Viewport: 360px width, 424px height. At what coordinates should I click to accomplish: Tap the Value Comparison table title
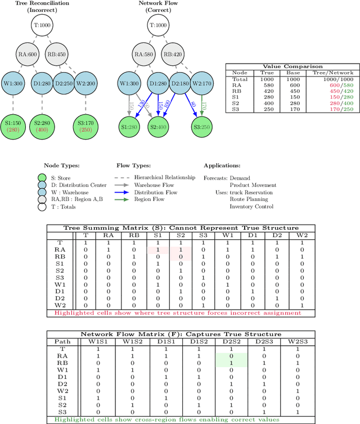[x=290, y=66]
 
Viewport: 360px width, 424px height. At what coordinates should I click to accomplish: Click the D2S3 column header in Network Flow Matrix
[x=262, y=341]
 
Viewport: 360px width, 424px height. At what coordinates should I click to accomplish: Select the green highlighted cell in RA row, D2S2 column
[x=231, y=356]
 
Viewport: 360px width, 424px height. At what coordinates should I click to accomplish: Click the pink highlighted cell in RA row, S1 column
[x=157, y=250]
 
